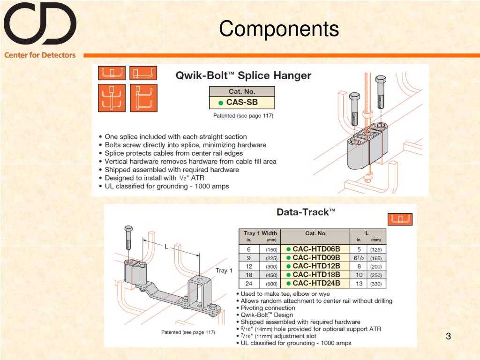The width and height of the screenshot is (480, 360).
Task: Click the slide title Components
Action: (x=279, y=29)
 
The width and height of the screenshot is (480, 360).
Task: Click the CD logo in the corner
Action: (x=40, y=23)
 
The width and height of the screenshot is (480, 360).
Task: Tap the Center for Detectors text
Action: (x=40, y=55)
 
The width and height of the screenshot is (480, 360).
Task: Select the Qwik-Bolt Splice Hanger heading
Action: (x=243, y=75)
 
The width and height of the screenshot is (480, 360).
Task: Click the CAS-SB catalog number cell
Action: (x=242, y=102)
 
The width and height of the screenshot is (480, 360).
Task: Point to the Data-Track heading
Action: (x=306, y=212)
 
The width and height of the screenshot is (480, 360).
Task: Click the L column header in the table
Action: (x=367, y=233)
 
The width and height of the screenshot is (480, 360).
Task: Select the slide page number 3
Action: (x=448, y=336)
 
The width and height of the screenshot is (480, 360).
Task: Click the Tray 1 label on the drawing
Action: (x=224, y=270)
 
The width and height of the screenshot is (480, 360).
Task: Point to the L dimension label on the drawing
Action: (x=166, y=246)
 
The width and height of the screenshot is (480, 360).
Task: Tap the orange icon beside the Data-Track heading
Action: (x=400, y=219)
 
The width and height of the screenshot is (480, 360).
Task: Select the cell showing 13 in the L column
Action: (x=359, y=283)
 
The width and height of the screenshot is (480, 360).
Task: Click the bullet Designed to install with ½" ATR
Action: (x=154, y=178)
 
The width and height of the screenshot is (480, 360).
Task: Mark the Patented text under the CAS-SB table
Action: (x=243, y=115)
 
